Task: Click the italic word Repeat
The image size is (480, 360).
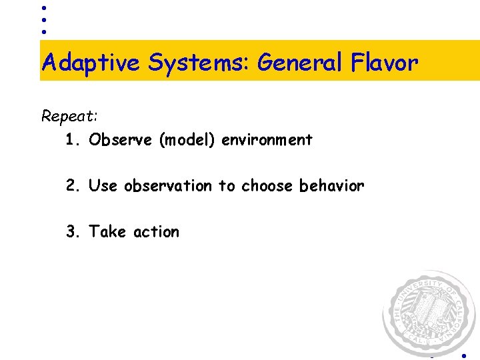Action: (x=69, y=117)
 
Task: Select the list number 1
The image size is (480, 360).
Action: (x=72, y=140)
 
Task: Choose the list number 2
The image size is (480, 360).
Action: (x=72, y=185)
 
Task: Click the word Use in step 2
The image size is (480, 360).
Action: (x=103, y=185)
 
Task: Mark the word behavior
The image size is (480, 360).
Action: (x=332, y=185)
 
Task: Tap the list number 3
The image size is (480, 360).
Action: (x=72, y=231)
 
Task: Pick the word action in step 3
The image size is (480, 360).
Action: (x=156, y=231)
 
